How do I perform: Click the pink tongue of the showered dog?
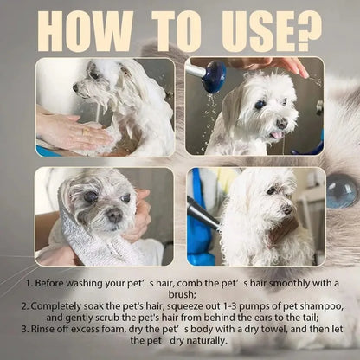276,135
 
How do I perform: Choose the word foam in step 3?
112,332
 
